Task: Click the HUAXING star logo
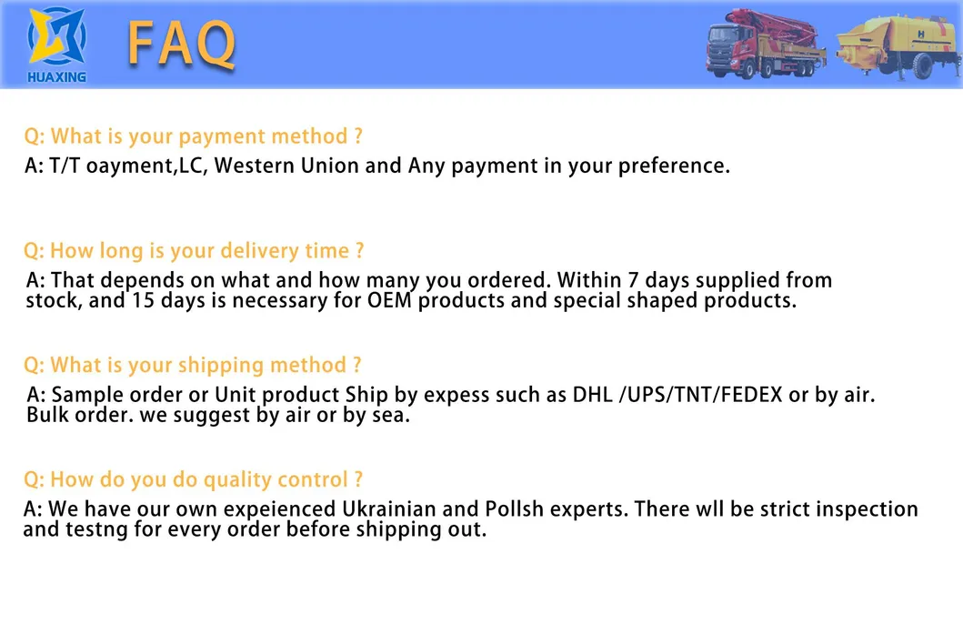56,37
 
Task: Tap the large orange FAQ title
181,44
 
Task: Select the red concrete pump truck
766,45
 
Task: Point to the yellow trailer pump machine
898,48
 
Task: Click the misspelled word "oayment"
130,166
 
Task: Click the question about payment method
193,136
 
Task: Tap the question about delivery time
194,250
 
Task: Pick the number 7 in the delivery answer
633,280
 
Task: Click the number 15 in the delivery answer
143,300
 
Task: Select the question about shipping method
192,366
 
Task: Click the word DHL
593,394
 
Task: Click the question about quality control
193,479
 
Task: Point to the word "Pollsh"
514,509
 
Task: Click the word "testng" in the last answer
96,530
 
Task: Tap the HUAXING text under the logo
56,76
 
